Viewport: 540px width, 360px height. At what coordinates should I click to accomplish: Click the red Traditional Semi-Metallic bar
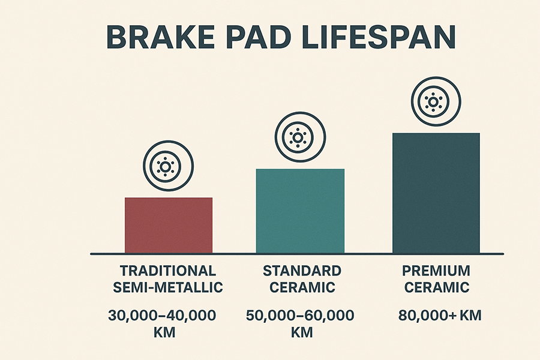click(x=169, y=225)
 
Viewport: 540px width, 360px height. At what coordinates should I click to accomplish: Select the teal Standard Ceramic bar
click(x=300, y=211)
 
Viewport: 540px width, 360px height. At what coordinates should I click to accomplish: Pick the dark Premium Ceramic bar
click(x=436, y=193)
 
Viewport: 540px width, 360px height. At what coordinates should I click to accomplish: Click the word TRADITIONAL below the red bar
click(x=168, y=271)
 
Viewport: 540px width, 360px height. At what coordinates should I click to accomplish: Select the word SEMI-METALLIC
click(x=168, y=287)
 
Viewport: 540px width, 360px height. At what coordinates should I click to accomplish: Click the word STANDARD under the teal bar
click(x=302, y=271)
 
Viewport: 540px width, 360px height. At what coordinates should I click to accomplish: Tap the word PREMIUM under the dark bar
click(x=436, y=271)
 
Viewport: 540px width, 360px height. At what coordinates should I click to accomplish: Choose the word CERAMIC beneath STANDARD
click(x=302, y=287)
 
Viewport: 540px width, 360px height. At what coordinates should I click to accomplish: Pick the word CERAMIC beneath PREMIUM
click(x=436, y=287)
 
